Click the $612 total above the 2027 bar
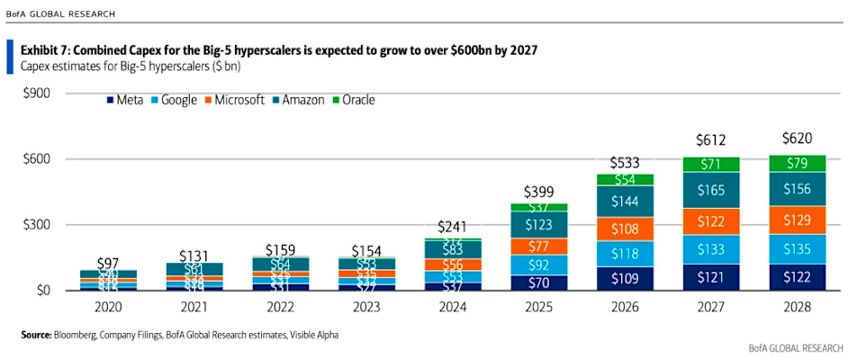(x=710, y=140)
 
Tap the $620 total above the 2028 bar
(x=797, y=139)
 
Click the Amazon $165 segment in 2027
(x=710, y=190)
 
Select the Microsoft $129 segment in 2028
(x=797, y=220)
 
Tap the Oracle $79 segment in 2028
(x=797, y=164)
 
